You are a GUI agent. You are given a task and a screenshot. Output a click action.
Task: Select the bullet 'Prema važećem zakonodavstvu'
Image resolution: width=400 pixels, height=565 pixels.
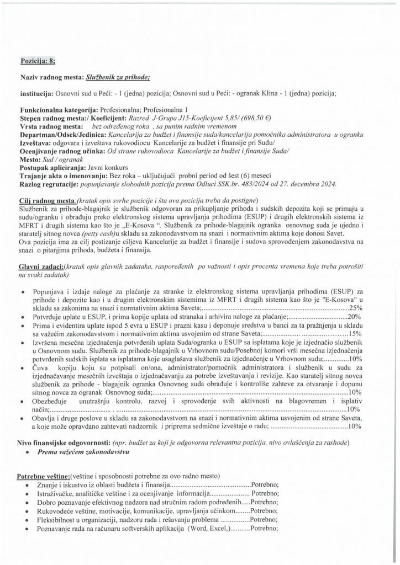pyautogui.click(x=83, y=452)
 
